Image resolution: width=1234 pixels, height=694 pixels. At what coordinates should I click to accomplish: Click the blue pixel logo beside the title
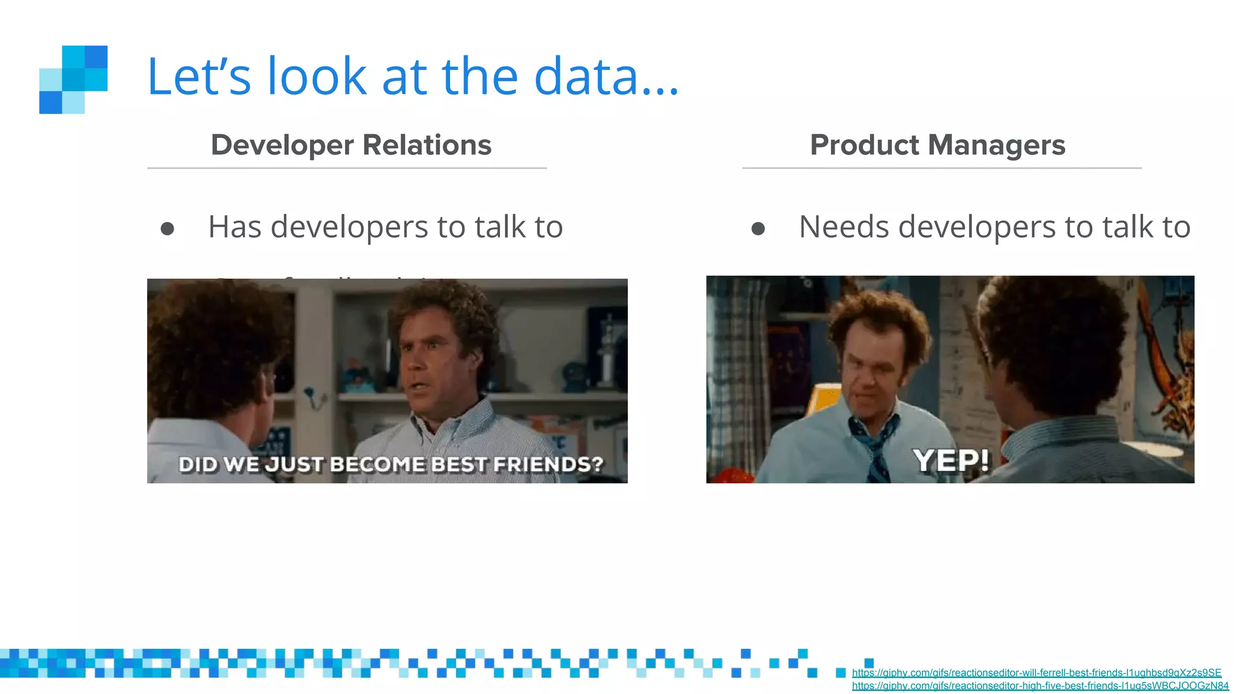(x=73, y=80)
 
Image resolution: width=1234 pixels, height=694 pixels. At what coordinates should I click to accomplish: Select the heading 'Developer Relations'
(x=351, y=145)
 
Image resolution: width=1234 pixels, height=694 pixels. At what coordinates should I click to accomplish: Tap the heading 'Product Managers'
(x=938, y=145)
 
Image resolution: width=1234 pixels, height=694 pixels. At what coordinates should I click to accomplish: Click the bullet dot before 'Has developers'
(x=168, y=229)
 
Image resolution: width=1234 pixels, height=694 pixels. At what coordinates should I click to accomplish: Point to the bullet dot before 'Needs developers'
(x=758, y=229)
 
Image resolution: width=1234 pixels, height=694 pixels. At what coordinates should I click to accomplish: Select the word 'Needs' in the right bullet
(x=844, y=227)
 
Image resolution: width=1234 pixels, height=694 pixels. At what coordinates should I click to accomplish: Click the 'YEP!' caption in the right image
(x=950, y=461)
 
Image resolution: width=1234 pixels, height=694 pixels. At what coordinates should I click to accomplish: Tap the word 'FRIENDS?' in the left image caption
(x=548, y=464)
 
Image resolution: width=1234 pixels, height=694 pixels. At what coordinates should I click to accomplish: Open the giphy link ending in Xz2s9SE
(x=1036, y=673)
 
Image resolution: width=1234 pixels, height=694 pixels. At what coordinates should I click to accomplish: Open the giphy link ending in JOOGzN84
(x=1040, y=686)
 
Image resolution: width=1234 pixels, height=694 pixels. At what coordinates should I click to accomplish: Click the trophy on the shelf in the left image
(x=608, y=349)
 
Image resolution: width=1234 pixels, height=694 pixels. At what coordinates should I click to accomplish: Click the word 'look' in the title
(x=317, y=77)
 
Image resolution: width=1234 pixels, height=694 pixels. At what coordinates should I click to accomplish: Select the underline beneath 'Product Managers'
(x=941, y=168)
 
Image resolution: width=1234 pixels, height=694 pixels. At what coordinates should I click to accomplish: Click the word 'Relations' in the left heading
(x=427, y=145)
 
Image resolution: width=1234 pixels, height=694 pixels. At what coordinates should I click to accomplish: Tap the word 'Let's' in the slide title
(x=199, y=77)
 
